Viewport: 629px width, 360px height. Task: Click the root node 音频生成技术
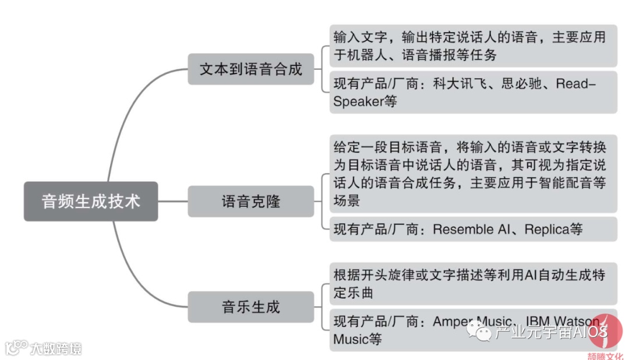pyautogui.click(x=90, y=202)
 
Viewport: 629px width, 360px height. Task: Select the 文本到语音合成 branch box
pyautogui.click(x=251, y=69)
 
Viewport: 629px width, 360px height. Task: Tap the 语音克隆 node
pyautogui.click(x=251, y=202)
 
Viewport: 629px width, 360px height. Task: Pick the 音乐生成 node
pyautogui.click(x=251, y=307)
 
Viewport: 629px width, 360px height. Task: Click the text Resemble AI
pyautogui.click(x=471, y=229)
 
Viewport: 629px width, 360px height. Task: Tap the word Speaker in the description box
pyautogui.click(x=357, y=101)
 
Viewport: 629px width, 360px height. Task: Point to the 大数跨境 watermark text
pyautogui.click(x=56, y=349)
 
